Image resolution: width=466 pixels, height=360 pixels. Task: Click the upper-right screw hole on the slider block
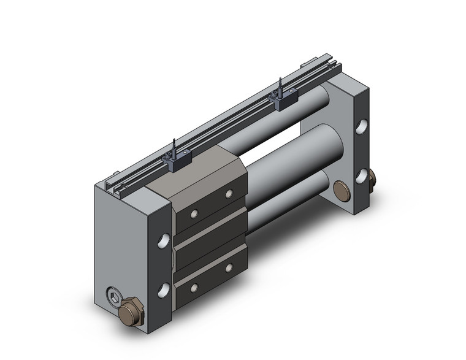tap(229, 194)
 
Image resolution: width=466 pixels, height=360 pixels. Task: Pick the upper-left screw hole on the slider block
tap(194, 214)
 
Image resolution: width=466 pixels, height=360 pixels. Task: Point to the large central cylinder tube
tap(294, 159)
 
